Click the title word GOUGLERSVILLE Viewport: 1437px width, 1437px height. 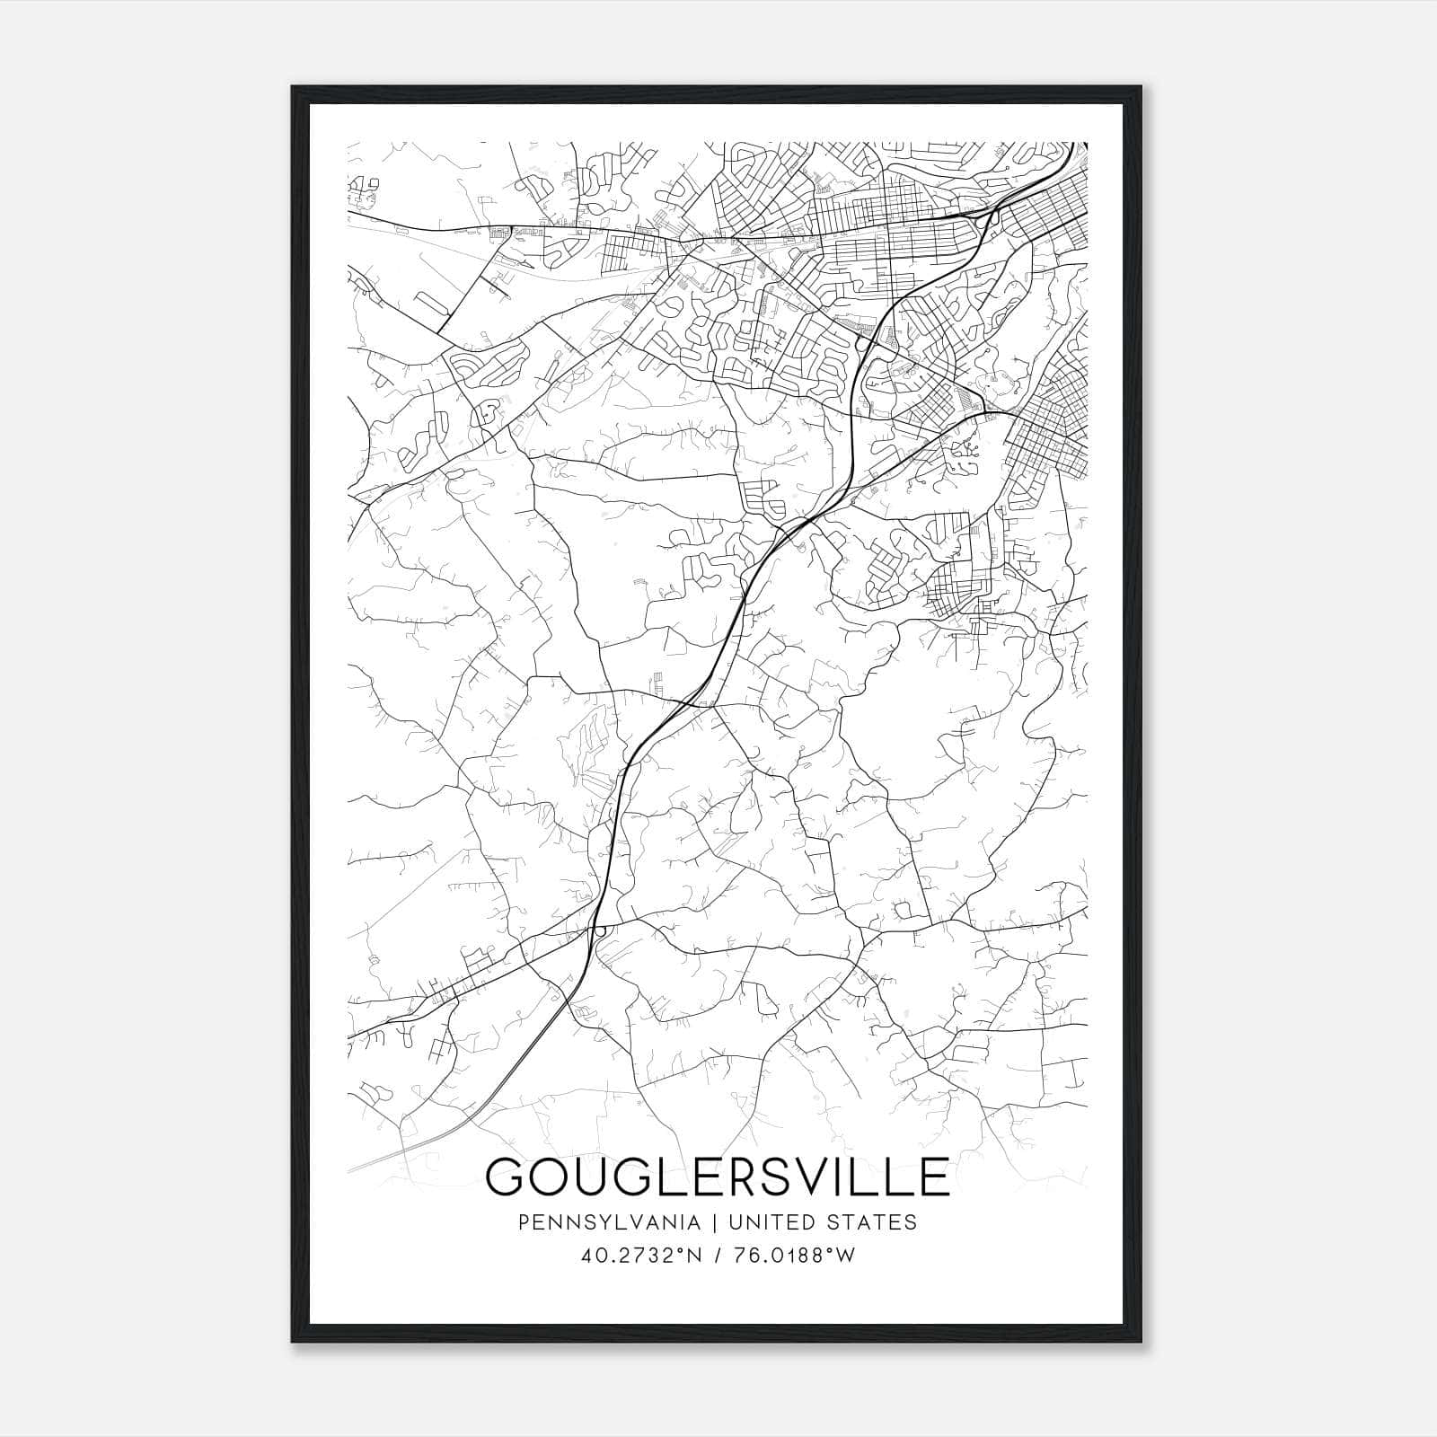coord(717,1177)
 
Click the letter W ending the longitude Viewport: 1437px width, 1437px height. coord(845,1256)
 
